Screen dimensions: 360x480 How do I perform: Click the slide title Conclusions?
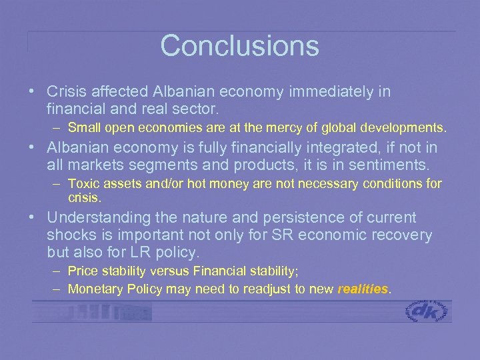pos(239,45)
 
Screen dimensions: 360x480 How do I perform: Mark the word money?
pos(212,183)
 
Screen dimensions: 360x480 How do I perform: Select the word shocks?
pos(71,235)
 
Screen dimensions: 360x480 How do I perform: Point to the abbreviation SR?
pos(286,235)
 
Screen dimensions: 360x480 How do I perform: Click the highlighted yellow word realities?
pos(363,289)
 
